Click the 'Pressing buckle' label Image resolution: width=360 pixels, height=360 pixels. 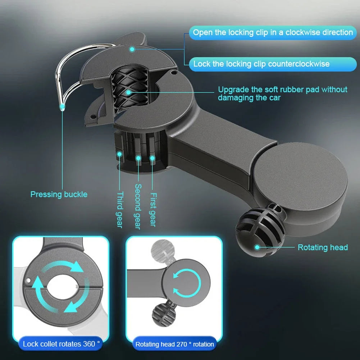click(x=59, y=195)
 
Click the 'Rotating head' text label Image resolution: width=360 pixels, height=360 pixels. click(x=323, y=247)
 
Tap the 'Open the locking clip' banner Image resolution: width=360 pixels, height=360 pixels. click(x=273, y=32)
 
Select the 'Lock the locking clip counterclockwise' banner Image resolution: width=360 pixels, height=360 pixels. click(x=261, y=64)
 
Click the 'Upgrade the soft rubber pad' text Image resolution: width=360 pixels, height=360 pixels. click(x=283, y=93)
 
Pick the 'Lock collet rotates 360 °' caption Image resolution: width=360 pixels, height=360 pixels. click(x=61, y=344)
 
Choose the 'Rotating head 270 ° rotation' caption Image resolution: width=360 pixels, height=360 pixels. click(x=174, y=344)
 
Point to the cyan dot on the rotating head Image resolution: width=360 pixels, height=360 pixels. click(x=257, y=247)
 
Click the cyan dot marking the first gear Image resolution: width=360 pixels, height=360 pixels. click(x=152, y=158)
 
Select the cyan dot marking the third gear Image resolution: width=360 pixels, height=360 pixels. click(x=119, y=154)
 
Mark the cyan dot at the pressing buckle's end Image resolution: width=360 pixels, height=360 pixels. click(x=63, y=106)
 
